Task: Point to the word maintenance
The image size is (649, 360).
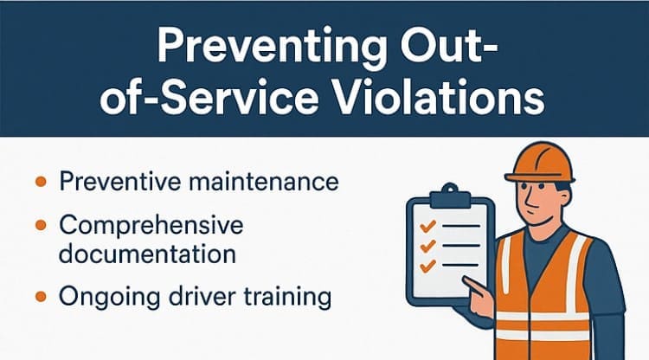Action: (x=263, y=182)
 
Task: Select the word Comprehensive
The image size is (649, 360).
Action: (x=151, y=227)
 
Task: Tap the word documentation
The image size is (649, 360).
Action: (x=147, y=254)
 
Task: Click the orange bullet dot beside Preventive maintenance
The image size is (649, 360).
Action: (x=41, y=181)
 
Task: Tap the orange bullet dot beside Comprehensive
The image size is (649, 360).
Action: (x=41, y=226)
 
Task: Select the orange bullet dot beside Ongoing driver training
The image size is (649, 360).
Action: (x=41, y=296)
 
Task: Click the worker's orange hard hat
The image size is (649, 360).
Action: (x=540, y=163)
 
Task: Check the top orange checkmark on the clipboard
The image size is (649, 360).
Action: (x=428, y=226)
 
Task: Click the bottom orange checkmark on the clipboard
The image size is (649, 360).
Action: (x=428, y=266)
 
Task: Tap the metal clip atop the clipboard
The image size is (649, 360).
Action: (x=450, y=196)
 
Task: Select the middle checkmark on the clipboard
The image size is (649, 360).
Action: (x=428, y=246)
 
